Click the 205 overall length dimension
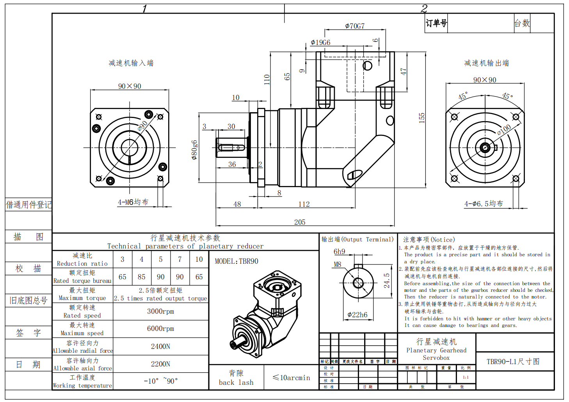[300, 222]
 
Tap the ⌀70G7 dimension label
[355, 26]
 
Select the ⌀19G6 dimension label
[320, 42]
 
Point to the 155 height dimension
[421, 118]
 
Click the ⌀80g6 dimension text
[194, 150]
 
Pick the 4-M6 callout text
[133, 202]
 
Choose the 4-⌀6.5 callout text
[484, 204]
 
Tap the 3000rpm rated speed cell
[160, 311]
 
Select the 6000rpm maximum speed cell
[160, 329]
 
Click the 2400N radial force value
[160, 347]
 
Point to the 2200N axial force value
[160, 364]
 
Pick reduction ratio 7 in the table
[180, 259]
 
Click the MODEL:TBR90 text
[236, 261]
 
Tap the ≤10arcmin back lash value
[291, 378]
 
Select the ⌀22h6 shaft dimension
[357, 314]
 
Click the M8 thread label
[338, 264]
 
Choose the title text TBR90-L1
[513, 361]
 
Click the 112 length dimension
[304, 204]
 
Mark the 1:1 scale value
[466, 377]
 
